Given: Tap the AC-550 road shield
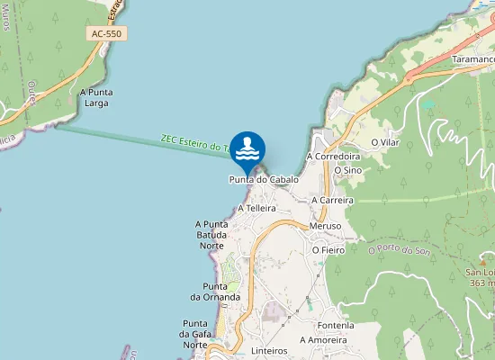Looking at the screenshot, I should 106,33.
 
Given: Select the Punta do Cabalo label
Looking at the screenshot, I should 264,179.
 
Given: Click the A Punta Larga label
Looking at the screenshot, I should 94,97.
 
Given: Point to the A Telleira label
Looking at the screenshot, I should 256,208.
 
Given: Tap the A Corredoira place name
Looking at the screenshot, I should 333,156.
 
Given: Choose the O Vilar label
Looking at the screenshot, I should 385,142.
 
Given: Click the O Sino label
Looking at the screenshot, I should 347,169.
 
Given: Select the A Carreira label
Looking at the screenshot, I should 332,200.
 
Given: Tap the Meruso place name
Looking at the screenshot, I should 325,225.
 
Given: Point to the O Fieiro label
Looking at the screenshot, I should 328,249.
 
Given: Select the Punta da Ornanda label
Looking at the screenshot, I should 215,291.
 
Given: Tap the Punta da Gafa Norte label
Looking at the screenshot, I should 195,333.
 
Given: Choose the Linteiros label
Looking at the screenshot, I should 269,350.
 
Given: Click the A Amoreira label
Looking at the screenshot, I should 323,340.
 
